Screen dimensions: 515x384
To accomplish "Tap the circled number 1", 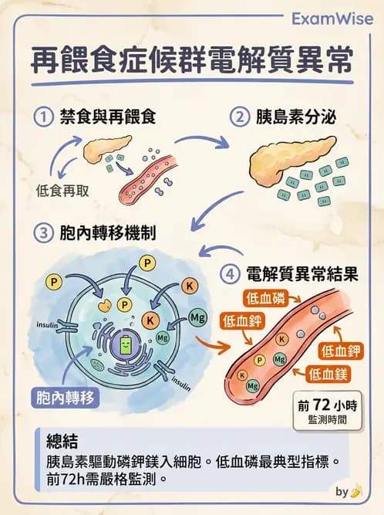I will (x=45, y=117).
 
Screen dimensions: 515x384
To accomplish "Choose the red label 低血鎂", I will (x=328, y=374).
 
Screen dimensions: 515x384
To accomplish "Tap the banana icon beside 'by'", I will (x=356, y=491).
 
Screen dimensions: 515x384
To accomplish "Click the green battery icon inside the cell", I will (x=125, y=346).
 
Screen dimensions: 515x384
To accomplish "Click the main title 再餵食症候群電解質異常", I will (x=191, y=60).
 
